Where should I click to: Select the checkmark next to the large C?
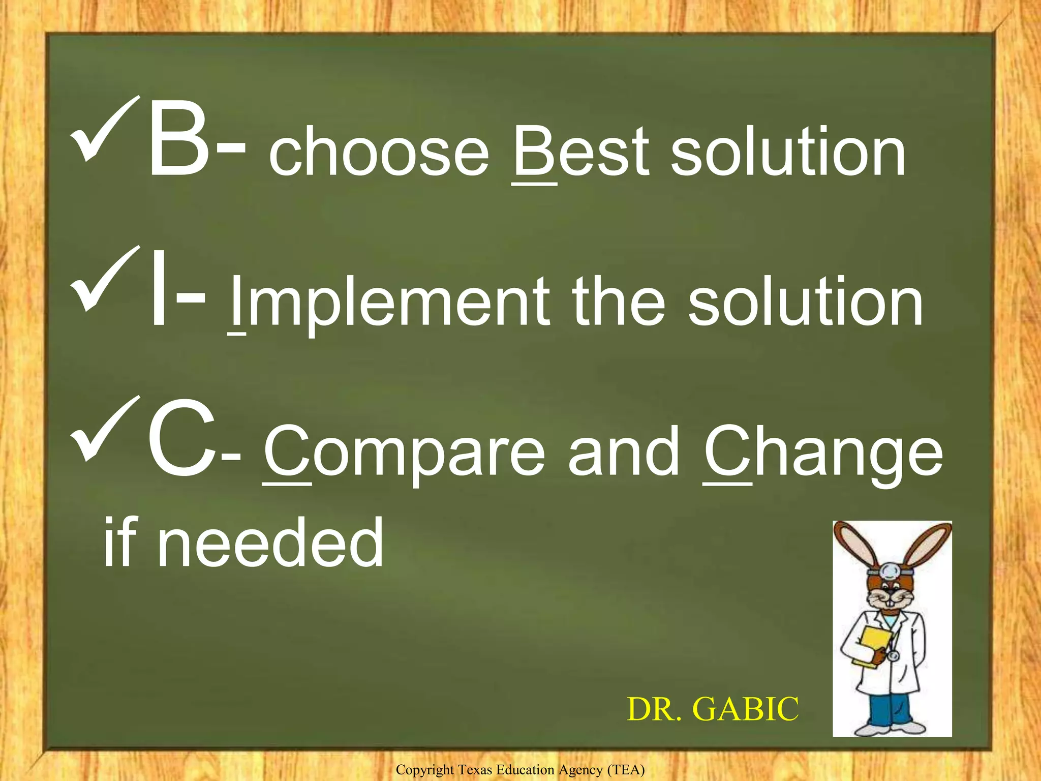[x=104, y=430]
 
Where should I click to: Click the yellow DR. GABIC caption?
[x=713, y=709]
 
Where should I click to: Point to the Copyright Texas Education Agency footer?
[x=520, y=770]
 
